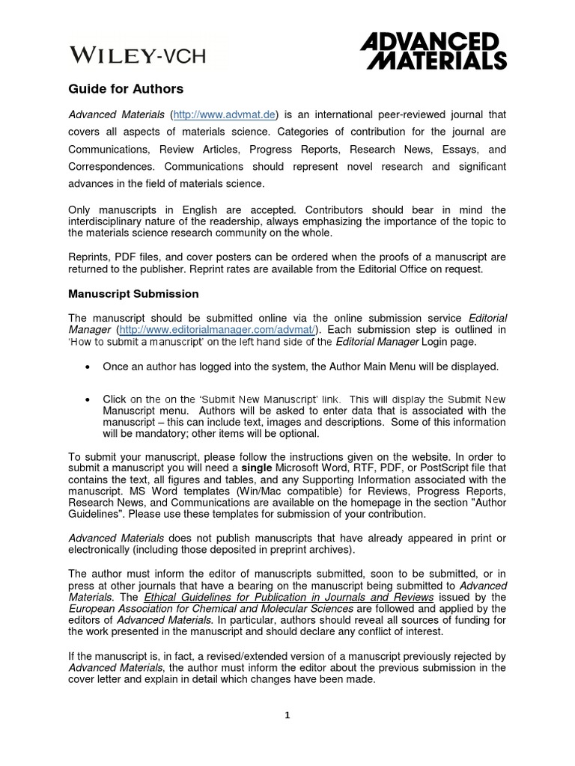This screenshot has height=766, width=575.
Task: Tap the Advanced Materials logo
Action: click(433, 50)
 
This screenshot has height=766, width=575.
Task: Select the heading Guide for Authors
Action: click(126, 89)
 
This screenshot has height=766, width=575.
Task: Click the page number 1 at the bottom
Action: click(287, 715)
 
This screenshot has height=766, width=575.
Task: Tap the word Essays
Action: click(456, 149)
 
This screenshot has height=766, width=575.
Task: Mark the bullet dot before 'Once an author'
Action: click(89, 367)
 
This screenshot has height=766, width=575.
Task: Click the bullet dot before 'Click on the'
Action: click(89, 399)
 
